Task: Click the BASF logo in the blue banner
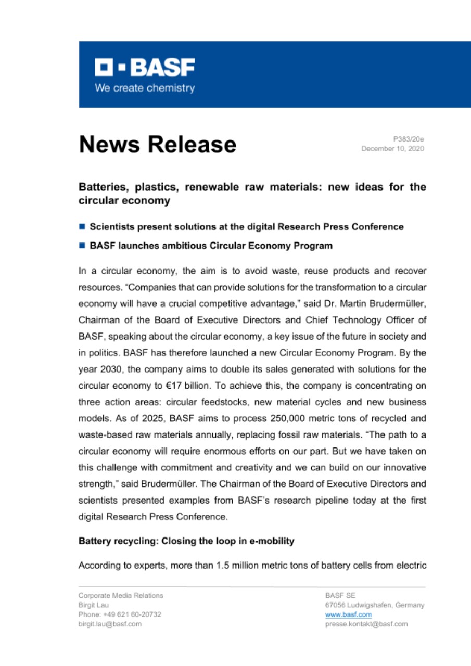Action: click(145, 67)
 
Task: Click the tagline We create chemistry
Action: click(145, 88)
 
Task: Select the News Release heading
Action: click(158, 144)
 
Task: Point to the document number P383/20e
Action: click(410, 139)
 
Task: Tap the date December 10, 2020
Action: click(393, 149)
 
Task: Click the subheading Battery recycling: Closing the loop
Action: click(186, 541)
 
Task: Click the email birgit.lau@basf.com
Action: click(110, 624)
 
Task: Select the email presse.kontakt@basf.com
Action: click(366, 624)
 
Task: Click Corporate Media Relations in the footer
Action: click(121, 595)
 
